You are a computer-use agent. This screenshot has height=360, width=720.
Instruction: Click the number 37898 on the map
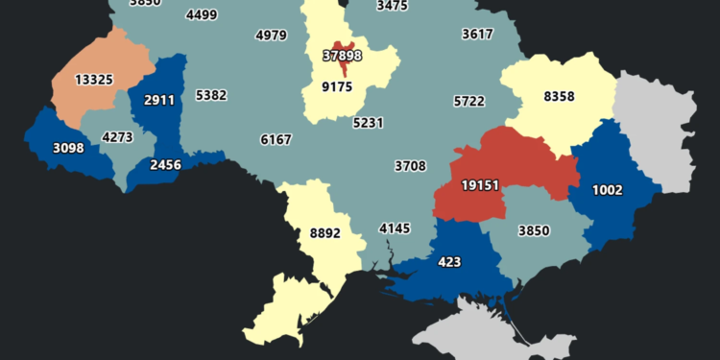[x=343, y=57]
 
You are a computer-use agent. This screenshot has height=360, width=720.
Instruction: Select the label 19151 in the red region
[x=479, y=184]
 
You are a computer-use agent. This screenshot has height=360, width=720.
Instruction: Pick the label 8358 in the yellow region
[x=559, y=96]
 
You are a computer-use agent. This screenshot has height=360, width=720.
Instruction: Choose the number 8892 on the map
[x=324, y=231]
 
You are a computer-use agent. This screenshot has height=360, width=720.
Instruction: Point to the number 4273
[x=117, y=137]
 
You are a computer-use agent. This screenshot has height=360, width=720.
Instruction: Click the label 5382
[x=210, y=95]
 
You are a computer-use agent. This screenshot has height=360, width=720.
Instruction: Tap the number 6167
[x=276, y=139]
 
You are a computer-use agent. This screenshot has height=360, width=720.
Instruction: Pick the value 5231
[x=368, y=123]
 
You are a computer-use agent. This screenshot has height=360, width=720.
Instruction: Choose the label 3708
[x=410, y=166]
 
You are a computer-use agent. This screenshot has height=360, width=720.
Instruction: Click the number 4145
[x=394, y=228]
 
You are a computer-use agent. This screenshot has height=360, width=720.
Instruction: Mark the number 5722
[x=469, y=100]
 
